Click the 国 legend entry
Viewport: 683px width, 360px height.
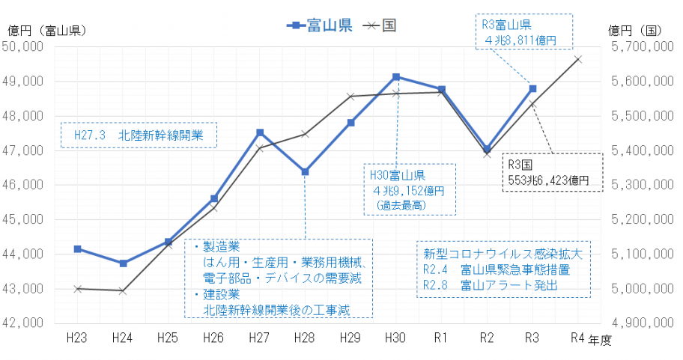click(x=380, y=25)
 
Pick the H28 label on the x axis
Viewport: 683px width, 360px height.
click(x=305, y=338)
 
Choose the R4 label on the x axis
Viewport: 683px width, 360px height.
click(x=577, y=338)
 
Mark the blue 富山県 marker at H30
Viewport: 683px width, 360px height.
click(x=396, y=77)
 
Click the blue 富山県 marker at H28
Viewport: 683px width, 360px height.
click(x=305, y=171)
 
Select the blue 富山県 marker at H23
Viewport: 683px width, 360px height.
click(x=77, y=248)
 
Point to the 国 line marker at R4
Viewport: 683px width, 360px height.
click(x=578, y=59)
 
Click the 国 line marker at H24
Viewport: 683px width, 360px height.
click(x=123, y=290)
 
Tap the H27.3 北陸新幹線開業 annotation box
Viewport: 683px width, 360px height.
click(x=138, y=136)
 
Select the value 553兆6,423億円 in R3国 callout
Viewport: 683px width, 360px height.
click(x=552, y=180)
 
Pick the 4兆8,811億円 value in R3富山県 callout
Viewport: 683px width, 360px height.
click(x=523, y=40)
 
